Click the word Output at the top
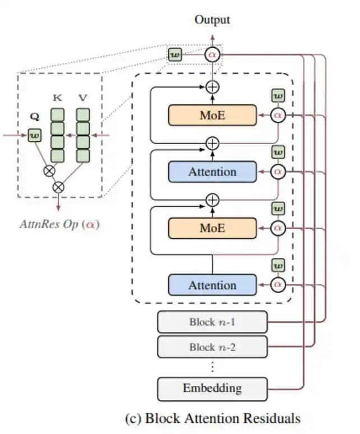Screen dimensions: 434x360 pyautogui.click(x=212, y=20)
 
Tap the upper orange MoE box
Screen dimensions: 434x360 pyautogui.click(x=212, y=115)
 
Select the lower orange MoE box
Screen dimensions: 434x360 pyautogui.click(x=212, y=228)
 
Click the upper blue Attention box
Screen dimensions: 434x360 pyautogui.click(x=212, y=172)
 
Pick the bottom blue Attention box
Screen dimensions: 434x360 pyautogui.click(x=212, y=285)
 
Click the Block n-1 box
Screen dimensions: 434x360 pyautogui.click(x=212, y=322)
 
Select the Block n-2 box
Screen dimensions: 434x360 pyautogui.click(x=212, y=347)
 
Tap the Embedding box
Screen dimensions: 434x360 pyautogui.click(x=212, y=388)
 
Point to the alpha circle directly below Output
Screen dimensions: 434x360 pyautogui.click(x=213, y=55)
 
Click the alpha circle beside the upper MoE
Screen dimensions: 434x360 pyautogui.click(x=278, y=115)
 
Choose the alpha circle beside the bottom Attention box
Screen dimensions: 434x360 pyautogui.click(x=278, y=285)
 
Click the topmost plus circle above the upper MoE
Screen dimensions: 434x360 pyautogui.click(x=212, y=86)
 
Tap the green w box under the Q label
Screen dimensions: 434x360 pyautogui.click(x=35, y=135)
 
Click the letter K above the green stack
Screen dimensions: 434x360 pyautogui.click(x=57, y=97)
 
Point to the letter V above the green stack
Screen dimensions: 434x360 pyautogui.click(x=83, y=97)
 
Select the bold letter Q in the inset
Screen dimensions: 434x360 pyautogui.click(x=35, y=119)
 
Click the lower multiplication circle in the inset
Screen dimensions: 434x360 pyautogui.click(x=58, y=186)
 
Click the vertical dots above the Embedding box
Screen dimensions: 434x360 pyautogui.click(x=212, y=367)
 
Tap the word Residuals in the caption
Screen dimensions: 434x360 pyautogui.click(x=273, y=418)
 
